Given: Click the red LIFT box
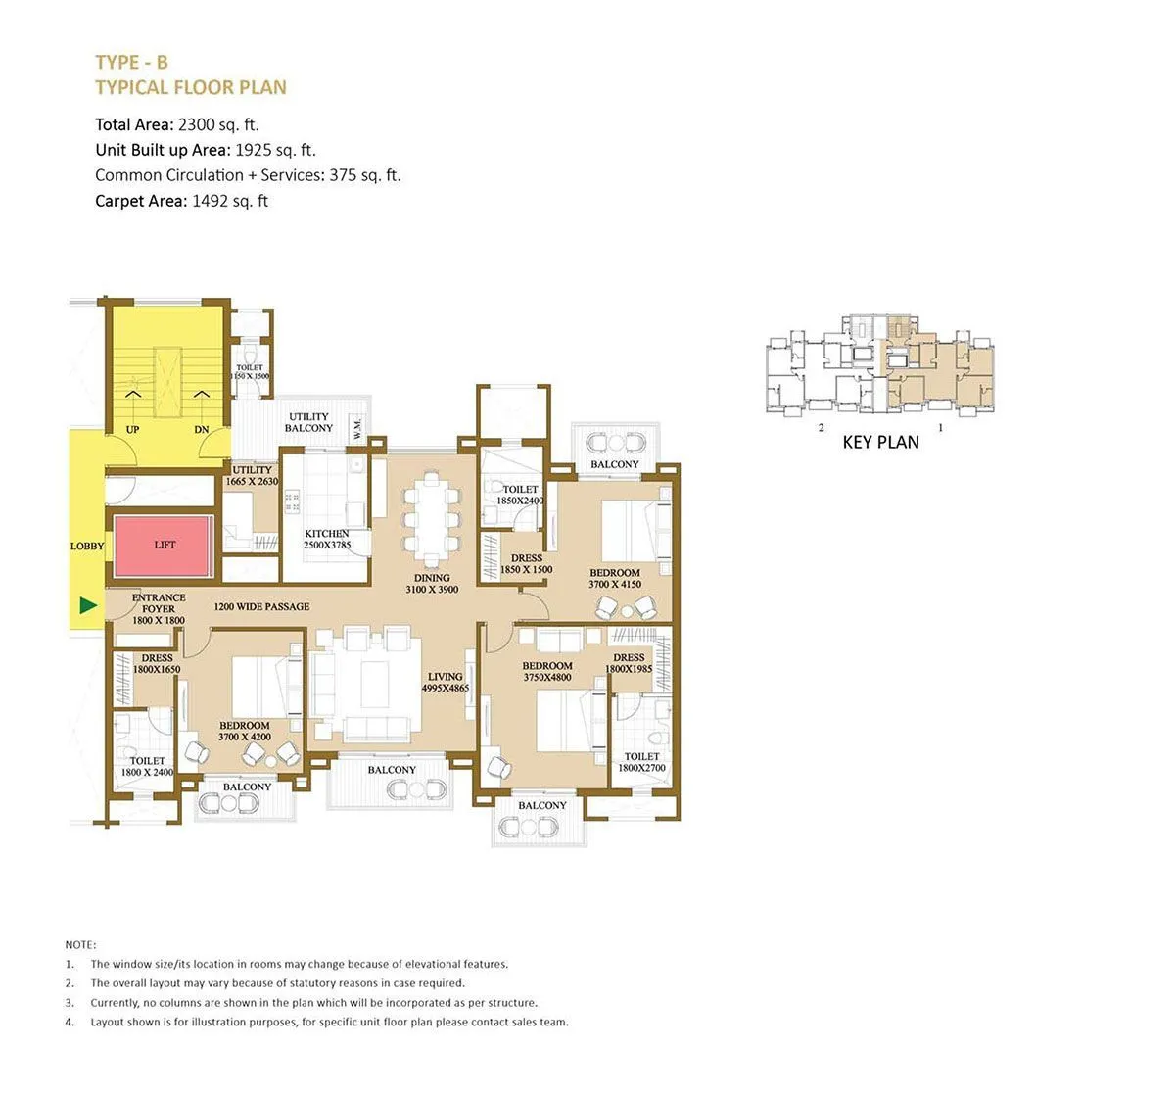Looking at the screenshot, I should pyautogui.click(x=164, y=547).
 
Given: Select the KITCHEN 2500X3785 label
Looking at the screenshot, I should pyautogui.click(x=327, y=540).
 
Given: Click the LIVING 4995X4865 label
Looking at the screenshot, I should pyautogui.click(x=446, y=683).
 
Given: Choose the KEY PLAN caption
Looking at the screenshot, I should pyautogui.click(x=880, y=442).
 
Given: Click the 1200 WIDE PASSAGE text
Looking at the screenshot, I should pyautogui.click(x=261, y=607).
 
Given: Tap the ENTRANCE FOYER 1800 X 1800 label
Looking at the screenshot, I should pyautogui.click(x=159, y=608).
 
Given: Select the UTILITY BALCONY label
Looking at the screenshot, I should pyautogui.click(x=308, y=423).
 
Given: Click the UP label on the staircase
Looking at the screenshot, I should pyautogui.click(x=133, y=430).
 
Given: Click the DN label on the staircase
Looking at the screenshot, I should pyautogui.click(x=202, y=430).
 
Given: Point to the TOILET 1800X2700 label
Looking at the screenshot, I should pyautogui.click(x=641, y=762).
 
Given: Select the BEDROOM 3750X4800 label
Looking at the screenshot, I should pyautogui.click(x=547, y=672).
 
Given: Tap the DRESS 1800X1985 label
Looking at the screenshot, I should pyautogui.click(x=629, y=663).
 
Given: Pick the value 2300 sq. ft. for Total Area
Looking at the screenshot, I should pyautogui.click(x=218, y=124).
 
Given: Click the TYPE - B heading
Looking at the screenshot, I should pyautogui.click(x=131, y=63).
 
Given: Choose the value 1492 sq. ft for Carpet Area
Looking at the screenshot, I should pyautogui.click(x=229, y=201).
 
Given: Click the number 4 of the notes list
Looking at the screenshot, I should pyautogui.click(x=70, y=1022).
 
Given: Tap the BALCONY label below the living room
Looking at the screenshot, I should pyautogui.click(x=392, y=770).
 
